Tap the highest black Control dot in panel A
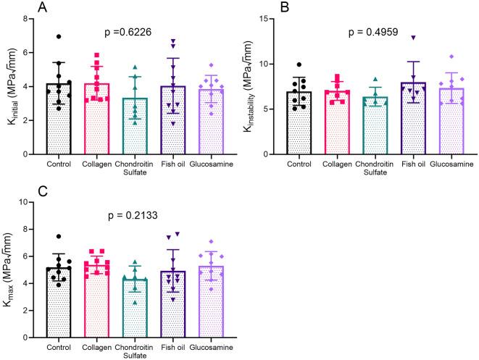[59, 36]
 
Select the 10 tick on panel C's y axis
[40, 201]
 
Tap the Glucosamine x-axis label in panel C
[212, 347]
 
